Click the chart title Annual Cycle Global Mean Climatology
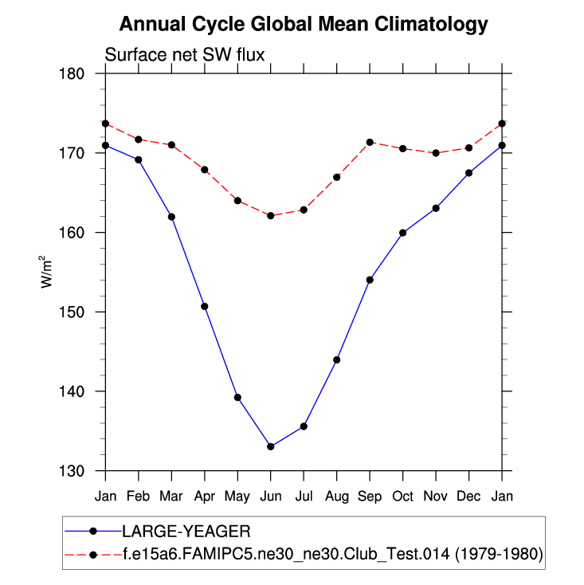click(303, 24)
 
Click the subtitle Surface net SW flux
click(185, 55)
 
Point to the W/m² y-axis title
click(47, 272)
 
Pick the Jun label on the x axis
click(271, 496)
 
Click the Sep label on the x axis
click(370, 496)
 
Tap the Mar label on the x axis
click(171, 496)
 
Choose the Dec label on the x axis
click(468, 496)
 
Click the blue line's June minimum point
click(271, 446)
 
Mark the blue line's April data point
click(205, 306)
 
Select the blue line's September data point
click(370, 280)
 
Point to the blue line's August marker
click(337, 359)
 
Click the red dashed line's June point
click(271, 215)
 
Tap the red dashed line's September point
click(370, 142)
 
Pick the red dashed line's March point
click(171, 144)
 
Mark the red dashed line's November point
click(436, 153)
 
